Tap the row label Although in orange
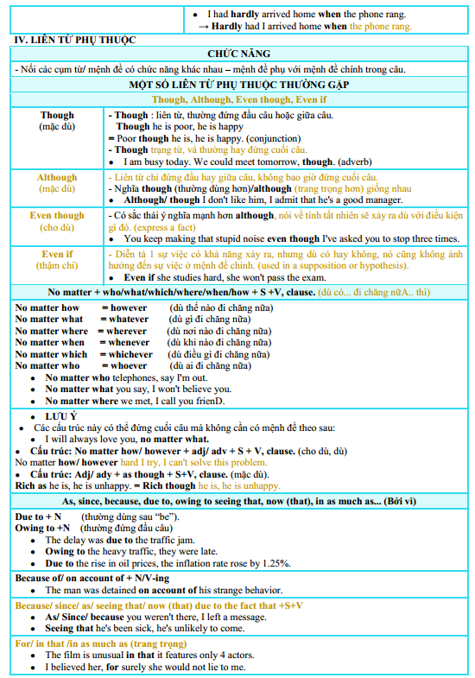(57, 178)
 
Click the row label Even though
(57, 216)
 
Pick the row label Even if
(57, 255)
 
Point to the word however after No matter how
(129, 307)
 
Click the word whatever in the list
(129, 320)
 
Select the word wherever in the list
(127, 331)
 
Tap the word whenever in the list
(129, 343)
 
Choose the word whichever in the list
(130, 354)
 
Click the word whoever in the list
(129, 366)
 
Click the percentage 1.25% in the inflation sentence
(274, 563)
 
